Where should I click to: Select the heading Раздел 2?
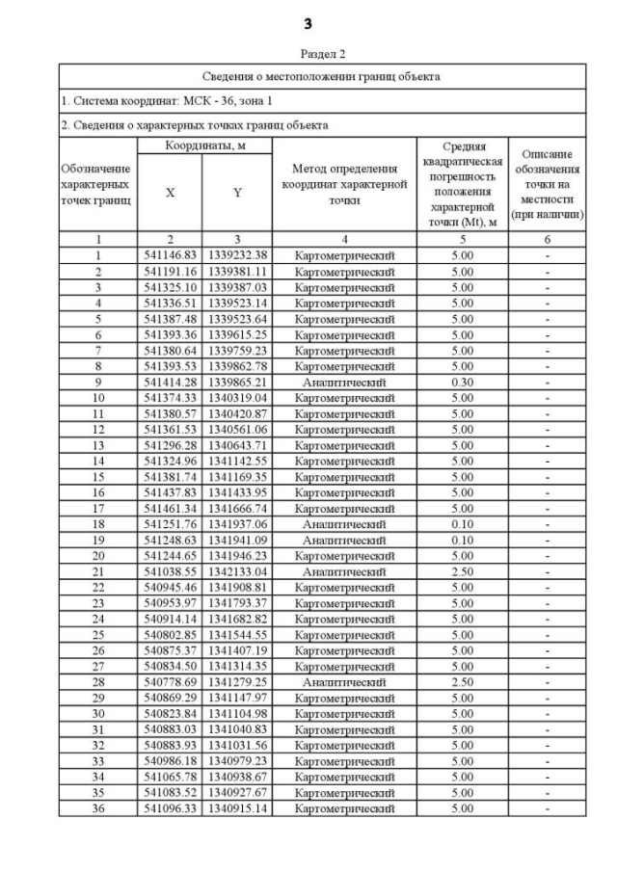coord(308,55)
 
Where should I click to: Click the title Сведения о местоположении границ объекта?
coord(322,75)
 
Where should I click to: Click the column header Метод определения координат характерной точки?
coord(344,184)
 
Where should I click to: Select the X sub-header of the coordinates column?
coord(170,192)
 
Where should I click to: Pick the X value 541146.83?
coord(170,255)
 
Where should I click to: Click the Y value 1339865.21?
coord(237,382)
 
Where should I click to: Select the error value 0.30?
coord(463,382)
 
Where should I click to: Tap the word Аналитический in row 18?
coord(344,523)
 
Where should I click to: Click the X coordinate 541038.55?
coord(170,570)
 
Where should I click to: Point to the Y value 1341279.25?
coord(237,681)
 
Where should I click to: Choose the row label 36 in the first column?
coord(97,807)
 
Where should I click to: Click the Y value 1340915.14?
coord(237,807)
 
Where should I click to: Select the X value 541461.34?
coord(170,508)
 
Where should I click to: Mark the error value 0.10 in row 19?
coord(463,540)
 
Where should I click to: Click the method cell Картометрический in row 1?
coord(344,255)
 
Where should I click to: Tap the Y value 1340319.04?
coord(237,397)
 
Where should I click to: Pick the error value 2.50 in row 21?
coord(463,570)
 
